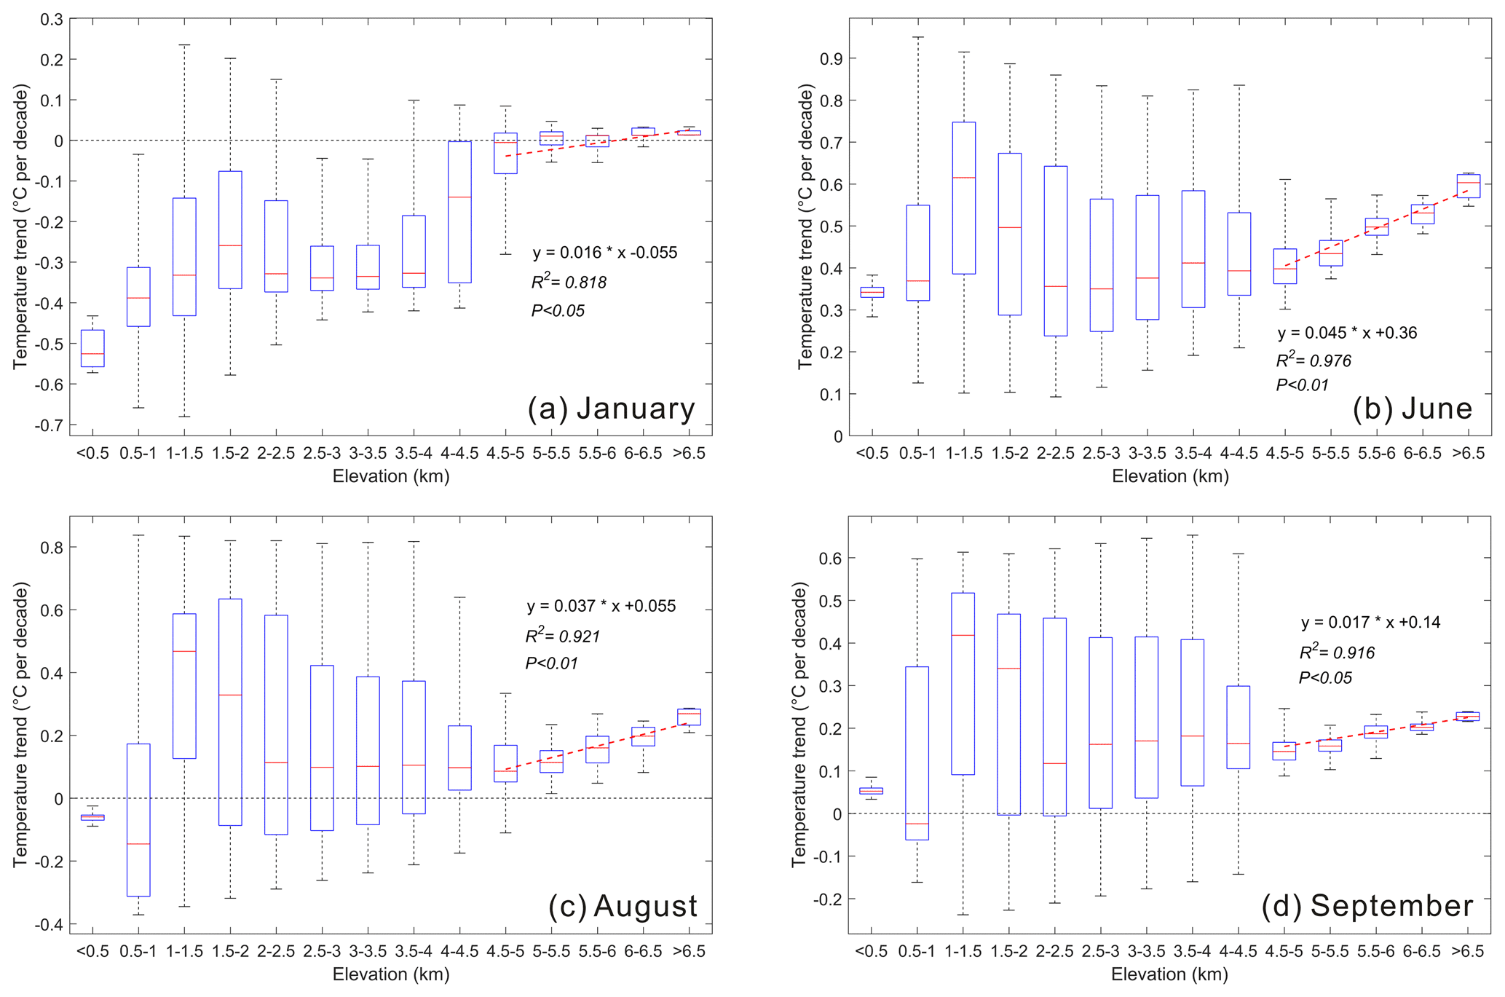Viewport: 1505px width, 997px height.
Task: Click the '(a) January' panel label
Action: [611, 409]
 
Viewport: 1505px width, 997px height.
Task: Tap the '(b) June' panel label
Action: [1412, 409]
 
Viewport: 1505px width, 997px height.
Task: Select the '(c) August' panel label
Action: [623, 907]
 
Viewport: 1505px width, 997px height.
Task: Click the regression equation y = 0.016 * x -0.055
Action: [604, 253]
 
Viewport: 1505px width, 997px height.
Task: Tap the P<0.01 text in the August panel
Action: [551, 663]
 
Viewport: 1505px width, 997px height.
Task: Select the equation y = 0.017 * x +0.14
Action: [1370, 623]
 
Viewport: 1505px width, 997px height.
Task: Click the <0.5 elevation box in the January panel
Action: [92, 348]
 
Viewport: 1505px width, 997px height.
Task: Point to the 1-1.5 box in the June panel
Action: [963, 198]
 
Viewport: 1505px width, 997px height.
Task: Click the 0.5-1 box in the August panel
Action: [138, 819]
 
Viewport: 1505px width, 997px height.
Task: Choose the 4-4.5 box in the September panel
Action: [1238, 727]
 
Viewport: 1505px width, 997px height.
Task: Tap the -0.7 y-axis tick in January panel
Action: [49, 425]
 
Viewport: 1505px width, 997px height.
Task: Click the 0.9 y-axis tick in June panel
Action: [831, 59]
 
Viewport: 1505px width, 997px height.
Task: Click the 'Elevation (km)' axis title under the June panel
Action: [1170, 476]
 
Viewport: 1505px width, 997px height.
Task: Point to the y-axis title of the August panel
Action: [20, 725]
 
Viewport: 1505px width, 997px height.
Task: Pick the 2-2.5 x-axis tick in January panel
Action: [276, 454]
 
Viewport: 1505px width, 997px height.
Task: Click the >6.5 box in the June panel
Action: [1468, 186]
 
